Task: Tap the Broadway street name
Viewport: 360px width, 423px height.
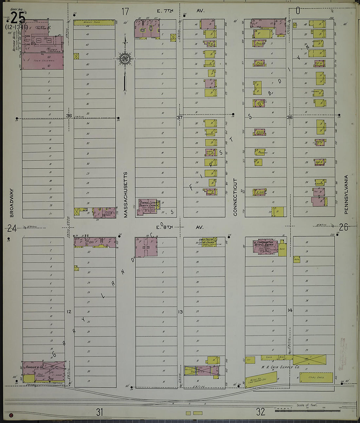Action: [12, 203]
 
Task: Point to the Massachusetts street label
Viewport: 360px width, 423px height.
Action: [125, 195]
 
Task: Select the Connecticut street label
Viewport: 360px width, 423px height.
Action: [235, 197]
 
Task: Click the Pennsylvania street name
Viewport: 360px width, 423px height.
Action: [346, 195]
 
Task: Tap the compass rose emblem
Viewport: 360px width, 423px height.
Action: [125, 59]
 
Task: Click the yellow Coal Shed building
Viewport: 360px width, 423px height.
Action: [316, 377]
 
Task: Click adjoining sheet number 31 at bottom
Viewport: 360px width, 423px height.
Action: [99, 412]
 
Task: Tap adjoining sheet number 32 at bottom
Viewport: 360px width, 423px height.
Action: [261, 412]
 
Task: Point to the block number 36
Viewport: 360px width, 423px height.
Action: [69, 116]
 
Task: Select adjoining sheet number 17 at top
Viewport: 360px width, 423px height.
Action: [125, 12]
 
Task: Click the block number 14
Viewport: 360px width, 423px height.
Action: [290, 310]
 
